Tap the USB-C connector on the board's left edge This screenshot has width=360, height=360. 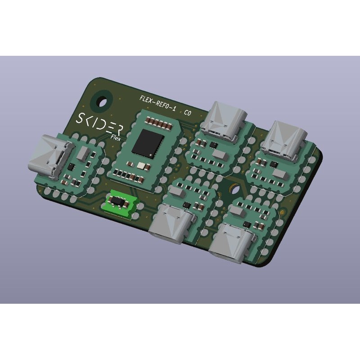click(x=50, y=155)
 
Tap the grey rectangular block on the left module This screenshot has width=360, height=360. click(x=82, y=154)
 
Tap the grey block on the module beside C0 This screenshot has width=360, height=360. click(x=220, y=155)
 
